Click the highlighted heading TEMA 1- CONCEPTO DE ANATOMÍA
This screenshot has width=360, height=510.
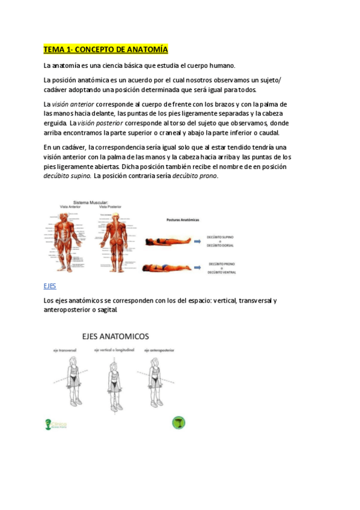coord(105,49)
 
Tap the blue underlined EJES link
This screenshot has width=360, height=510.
coord(50,286)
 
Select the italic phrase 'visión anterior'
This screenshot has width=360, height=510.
coord(73,105)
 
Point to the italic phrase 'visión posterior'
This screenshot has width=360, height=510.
coord(100,123)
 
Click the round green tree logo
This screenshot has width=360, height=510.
coord(178,423)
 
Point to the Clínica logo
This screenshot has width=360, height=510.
coord(56,425)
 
